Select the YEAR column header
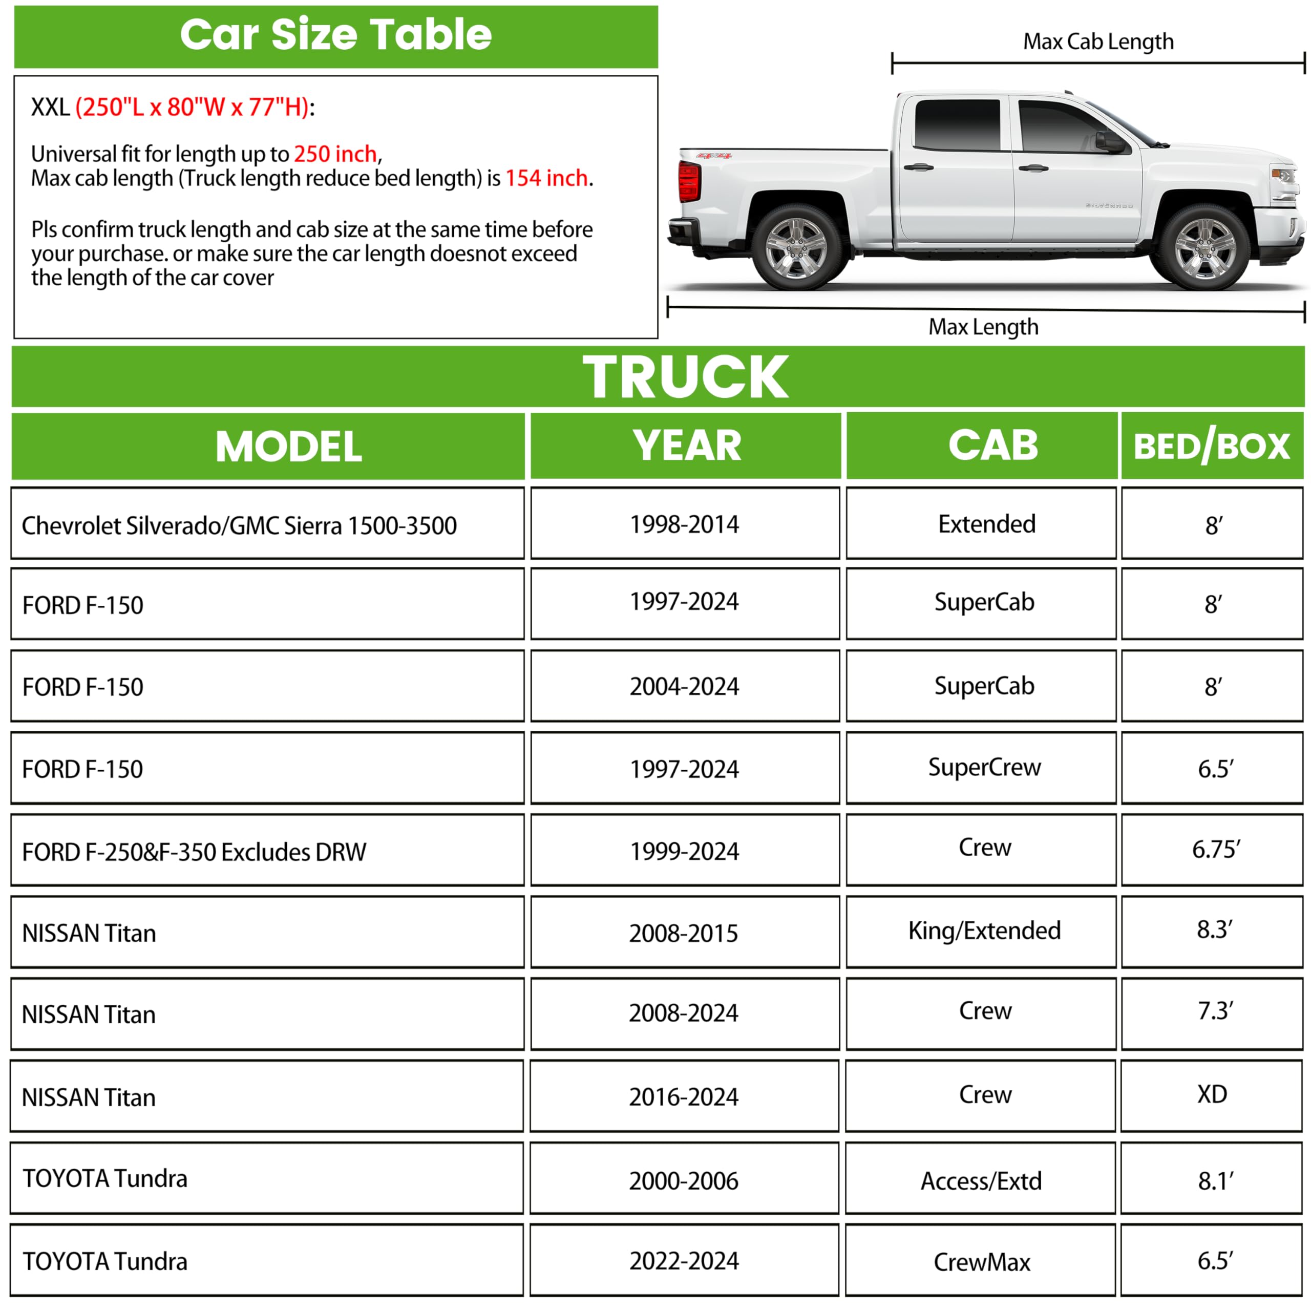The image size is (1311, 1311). pos(686,446)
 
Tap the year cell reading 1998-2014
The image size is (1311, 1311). pos(684,524)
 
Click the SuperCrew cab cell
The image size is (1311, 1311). pos(984,768)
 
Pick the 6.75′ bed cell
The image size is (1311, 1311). pos(1215,850)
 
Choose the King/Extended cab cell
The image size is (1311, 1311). pos(984,931)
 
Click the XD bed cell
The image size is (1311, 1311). pos(1212,1094)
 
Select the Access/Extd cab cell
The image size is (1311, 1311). pos(981,1181)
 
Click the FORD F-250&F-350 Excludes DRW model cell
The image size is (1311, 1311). pos(194,852)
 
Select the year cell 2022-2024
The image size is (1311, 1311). pos(684,1261)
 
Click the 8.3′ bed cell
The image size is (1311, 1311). pos(1214,929)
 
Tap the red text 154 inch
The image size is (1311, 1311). pos(547,178)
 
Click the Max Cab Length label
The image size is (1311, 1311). pos(1098,42)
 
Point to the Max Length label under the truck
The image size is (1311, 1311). pos(983,327)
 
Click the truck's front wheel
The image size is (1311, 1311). pos(1205,248)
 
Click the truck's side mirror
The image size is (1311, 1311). pos(1109,142)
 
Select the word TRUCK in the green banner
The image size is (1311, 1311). pos(685,377)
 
